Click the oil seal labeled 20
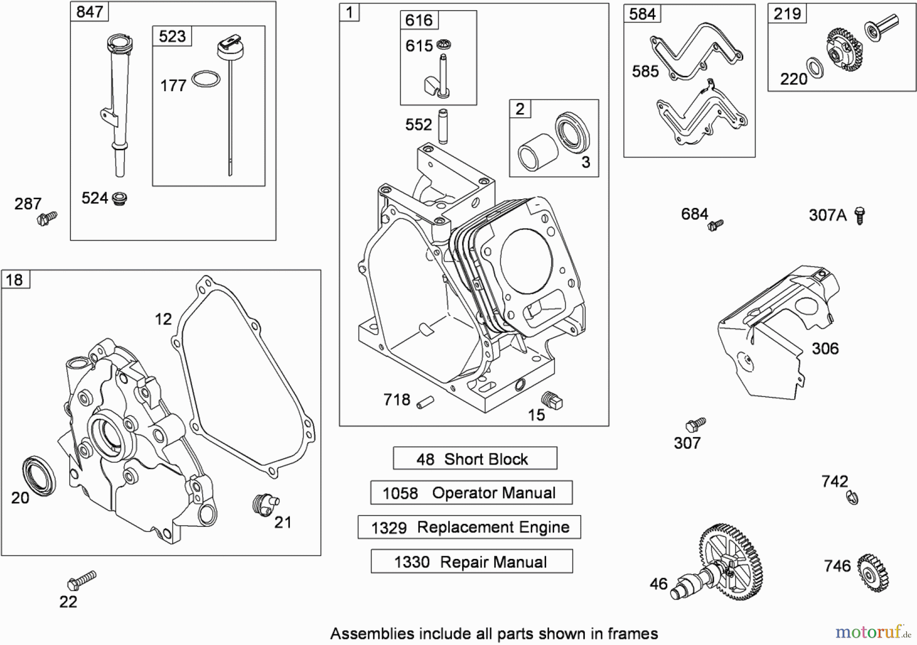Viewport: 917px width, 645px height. coord(39,476)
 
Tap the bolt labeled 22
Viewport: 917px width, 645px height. coord(82,580)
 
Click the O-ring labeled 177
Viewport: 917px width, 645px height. coord(206,79)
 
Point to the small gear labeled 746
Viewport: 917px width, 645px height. coord(873,573)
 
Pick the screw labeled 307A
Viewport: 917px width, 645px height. coord(859,216)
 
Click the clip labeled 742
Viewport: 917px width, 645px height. coord(853,497)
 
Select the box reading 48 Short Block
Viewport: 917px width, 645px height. coord(475,459)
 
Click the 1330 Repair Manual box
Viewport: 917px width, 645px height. coord(471,561)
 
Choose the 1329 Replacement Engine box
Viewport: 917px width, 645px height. coord(469,527)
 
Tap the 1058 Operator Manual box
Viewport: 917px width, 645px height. coord(471,493)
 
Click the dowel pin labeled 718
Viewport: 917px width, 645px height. coord(425,401)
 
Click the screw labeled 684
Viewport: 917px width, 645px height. coord(715,225)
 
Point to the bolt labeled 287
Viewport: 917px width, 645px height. coord(47,219)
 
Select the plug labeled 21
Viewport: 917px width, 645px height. coord(265,503)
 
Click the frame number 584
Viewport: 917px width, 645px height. coord(642,14)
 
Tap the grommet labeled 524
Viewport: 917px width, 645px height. coord(119,198)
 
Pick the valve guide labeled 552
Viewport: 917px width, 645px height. coord(443,126)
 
